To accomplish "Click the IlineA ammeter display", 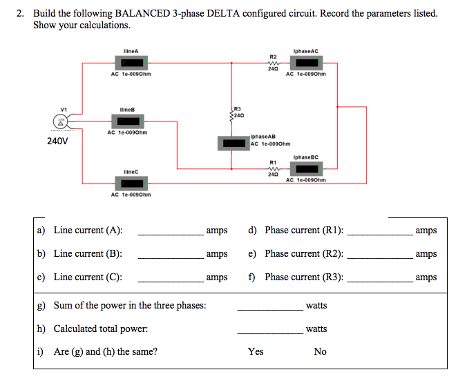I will coord(131,64).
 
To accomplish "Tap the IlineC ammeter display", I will coord(131,184).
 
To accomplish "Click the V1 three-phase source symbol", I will coord(63,121).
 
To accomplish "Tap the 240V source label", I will coord(57,141).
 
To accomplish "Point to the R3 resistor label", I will coord(238,108).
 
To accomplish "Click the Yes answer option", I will coord(256,351).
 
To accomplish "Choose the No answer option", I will coord(320,351).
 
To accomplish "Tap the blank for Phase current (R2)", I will coord(380,256).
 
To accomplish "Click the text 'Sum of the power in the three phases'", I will coord(129,305).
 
